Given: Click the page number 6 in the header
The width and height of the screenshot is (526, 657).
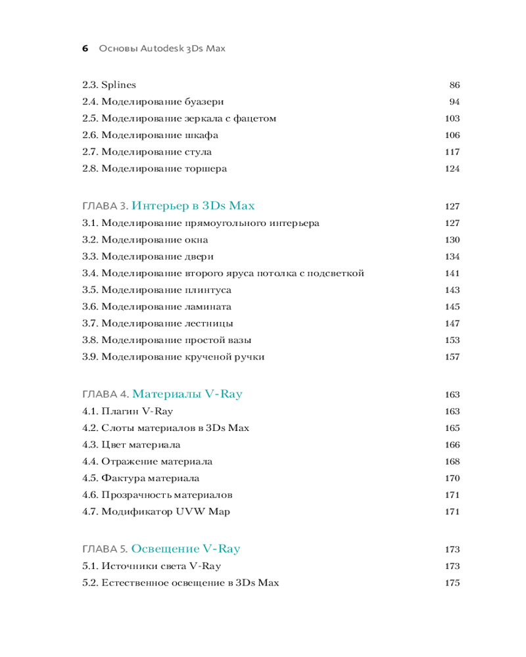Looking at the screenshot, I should tap(85, 49).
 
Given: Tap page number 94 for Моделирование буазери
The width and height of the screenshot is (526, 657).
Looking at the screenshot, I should tap(454, 102).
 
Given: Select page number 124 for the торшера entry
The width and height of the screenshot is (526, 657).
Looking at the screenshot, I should tap(452, 169).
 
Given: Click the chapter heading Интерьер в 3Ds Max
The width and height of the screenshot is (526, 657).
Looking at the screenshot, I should tap(193, 206).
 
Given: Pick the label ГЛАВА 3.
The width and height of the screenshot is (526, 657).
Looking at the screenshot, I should tap(105, 206).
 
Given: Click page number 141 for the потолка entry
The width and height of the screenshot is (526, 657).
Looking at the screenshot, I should tap(452, 273).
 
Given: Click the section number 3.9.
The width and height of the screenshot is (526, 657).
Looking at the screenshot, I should tap(90, 357).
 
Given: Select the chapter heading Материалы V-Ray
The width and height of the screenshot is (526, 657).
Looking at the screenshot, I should tap(187, 394).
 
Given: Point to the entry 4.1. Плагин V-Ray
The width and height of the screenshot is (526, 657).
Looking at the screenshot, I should tap(128, 411).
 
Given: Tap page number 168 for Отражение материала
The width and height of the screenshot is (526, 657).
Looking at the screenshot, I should tap(452, 462).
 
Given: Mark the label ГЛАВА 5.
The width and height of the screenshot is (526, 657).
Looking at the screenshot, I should tap(105, 549).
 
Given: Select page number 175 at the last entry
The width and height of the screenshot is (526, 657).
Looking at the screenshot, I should tap(452, 583).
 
